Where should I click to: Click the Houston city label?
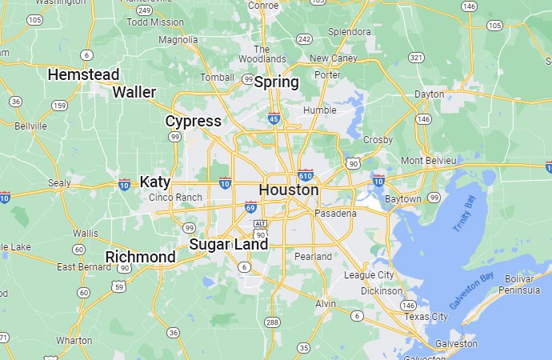288,190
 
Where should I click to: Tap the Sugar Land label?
228,244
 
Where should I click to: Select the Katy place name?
155,182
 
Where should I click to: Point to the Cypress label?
193,121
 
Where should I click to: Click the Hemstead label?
83,74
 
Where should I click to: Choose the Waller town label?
134,92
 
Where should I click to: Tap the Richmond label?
140,257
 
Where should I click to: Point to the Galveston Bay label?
471,291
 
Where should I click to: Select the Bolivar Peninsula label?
524,283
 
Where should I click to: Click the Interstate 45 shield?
274,118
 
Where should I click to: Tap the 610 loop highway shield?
305,175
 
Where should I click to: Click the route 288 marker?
272,322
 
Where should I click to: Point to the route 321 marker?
415,58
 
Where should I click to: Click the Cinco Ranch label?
175,198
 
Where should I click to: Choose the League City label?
369,275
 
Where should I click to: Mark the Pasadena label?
335,214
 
